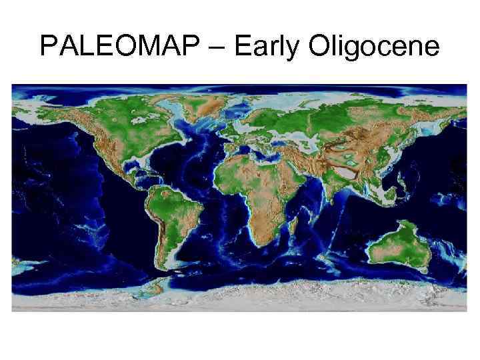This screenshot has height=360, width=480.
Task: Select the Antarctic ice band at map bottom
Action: pyautogui.click(x=240, y=297)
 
